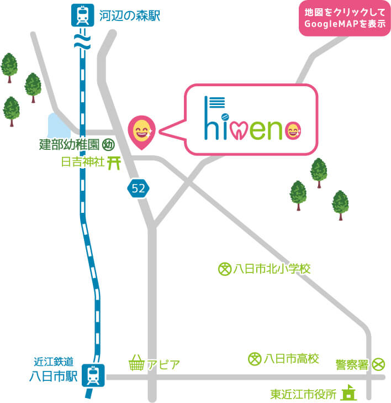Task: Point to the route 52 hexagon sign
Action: click(x=138, y=188)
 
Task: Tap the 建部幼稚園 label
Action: click(x=69, y=145)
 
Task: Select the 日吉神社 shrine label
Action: click(x=82, y=163)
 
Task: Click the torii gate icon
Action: click(x=114, y=163)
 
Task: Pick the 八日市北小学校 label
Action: click(x=272, y=269)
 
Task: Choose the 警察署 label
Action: click(x=352, y=364)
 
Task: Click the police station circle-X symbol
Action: click(x=378, y=364)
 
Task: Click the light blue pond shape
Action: click(x=59, y=126)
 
